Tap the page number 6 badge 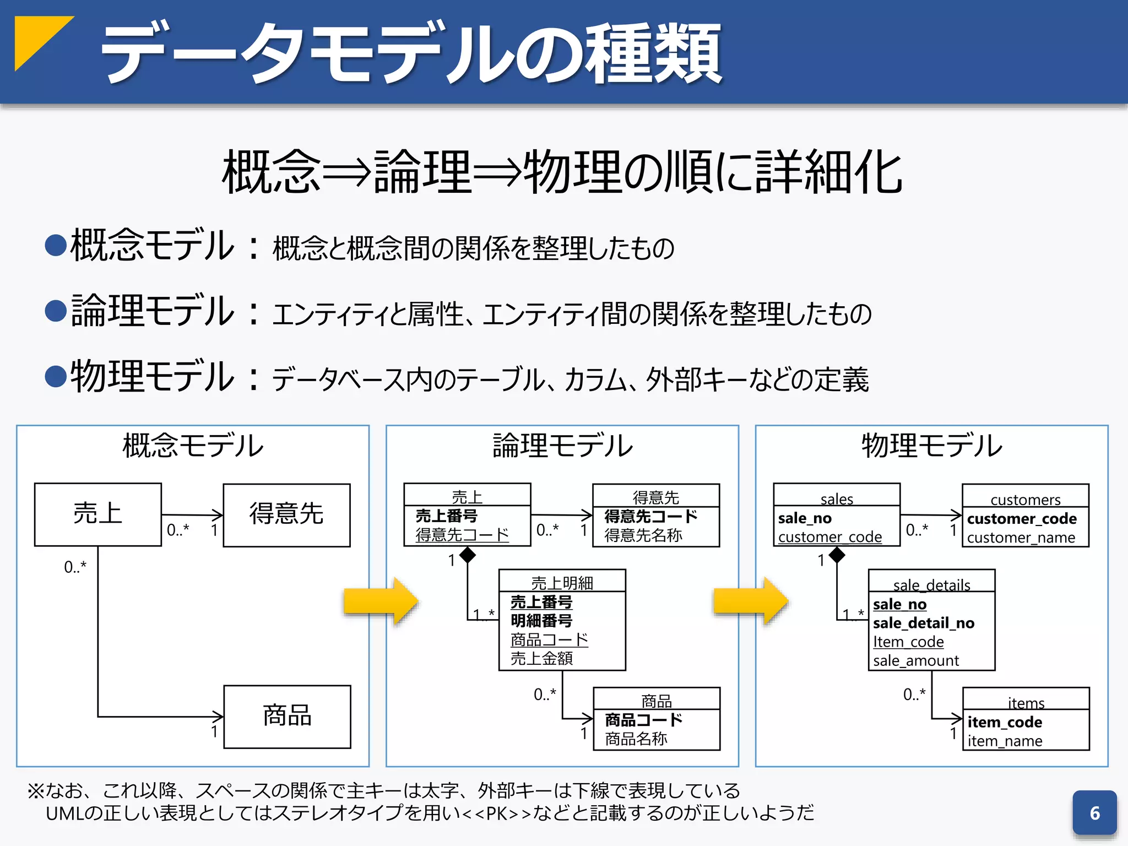(1094, 813)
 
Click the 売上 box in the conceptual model (98, 514)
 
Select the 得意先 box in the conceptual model (286, 514)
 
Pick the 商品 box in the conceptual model (287, 716)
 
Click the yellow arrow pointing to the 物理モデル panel (751, 601)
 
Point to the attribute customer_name (1021, 538)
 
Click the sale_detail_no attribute (923, 623)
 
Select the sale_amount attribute (915, 660)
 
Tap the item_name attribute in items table (1005, 741)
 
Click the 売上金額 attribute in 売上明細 (541, 658)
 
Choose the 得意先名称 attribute (643, 535)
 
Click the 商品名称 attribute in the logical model (636, 739)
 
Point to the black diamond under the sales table (837, 555)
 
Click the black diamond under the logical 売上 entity (467, 555)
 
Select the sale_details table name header (931, 584)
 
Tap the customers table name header (1025, 499)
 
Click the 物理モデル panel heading (931, 446)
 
